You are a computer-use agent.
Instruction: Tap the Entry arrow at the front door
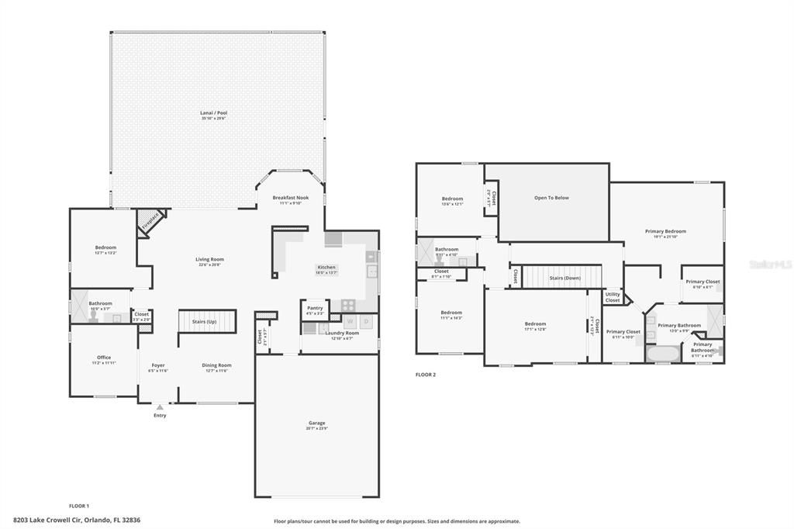click(x=160, y=406)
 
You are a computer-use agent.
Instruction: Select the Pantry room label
click(x=315, y=308)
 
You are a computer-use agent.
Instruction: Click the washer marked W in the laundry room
click(x=350, y=321)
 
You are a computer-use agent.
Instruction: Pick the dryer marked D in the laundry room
click(x=367, y=321)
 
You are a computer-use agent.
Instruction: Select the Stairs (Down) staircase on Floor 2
click(x=564, y=277)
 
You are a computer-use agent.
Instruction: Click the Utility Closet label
click(x=613, y=297)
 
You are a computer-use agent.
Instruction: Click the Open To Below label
click(x=551, y=198)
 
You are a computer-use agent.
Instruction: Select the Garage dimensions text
click(x=316, y=428)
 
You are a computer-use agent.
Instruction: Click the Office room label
click(x=104, y=358)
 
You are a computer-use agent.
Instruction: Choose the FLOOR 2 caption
click(x=426, y=375)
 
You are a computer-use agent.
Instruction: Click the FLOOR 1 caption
click(x=79, y=506)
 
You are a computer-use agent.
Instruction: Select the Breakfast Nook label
click(x=292, y=198)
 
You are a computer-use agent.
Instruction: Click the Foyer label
click(x=158, y=365)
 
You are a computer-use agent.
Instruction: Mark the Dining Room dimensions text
click(x=216, y=371)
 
